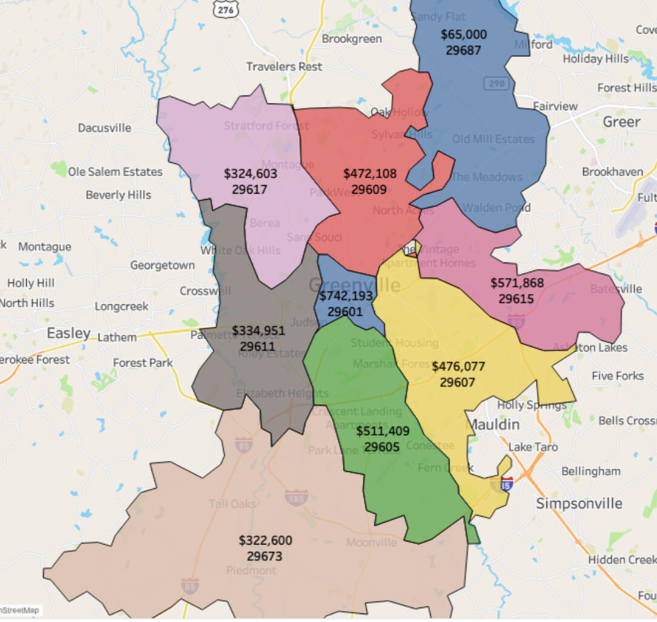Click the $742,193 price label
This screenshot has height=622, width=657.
point(346,296)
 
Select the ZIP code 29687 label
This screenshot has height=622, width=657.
point(463,50)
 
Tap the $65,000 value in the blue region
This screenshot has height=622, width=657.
point(463,34)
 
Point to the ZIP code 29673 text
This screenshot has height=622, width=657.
point(265,555)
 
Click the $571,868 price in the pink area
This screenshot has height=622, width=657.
point(517,283)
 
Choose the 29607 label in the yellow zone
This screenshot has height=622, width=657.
point(457,382)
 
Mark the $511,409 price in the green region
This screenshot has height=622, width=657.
point(383,431)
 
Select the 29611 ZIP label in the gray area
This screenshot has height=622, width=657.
point(257,347)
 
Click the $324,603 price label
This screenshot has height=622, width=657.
point(250,174)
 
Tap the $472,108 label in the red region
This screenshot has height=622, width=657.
point(370,174)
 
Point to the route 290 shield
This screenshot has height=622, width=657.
point(497,83)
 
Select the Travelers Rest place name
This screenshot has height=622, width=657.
point(284,67)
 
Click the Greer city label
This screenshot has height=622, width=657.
point(621,122)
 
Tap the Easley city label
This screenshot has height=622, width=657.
point(68,333)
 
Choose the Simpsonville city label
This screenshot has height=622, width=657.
point(579,503)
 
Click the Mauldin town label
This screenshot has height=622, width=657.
point(494,424)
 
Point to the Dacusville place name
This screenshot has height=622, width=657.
point(104,128)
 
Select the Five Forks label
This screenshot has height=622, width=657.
point(618,376)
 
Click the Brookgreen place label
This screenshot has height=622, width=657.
point(352,39)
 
